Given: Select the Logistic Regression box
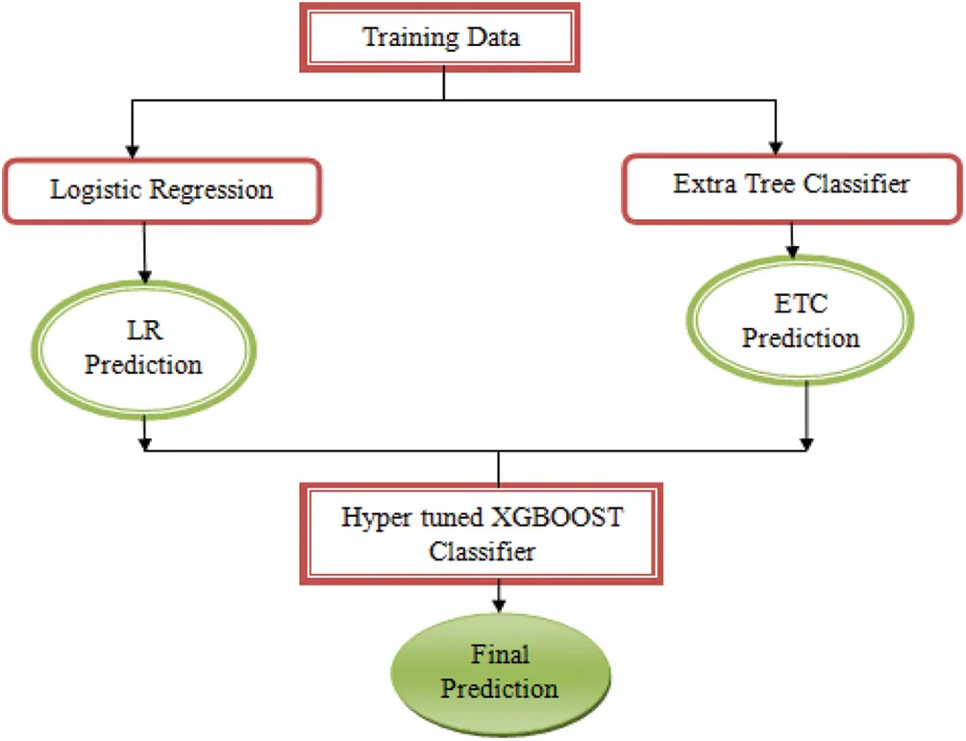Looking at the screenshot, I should point(161,189).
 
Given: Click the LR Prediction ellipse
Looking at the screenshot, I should point(143,348).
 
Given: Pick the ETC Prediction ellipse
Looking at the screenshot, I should point(800,321).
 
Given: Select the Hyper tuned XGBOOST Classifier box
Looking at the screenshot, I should point(483,534).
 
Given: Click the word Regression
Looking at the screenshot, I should point(211,190).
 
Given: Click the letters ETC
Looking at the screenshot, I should point(800,306).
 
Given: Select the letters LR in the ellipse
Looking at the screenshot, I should point(143,333).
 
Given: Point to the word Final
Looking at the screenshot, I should point(500,655).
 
